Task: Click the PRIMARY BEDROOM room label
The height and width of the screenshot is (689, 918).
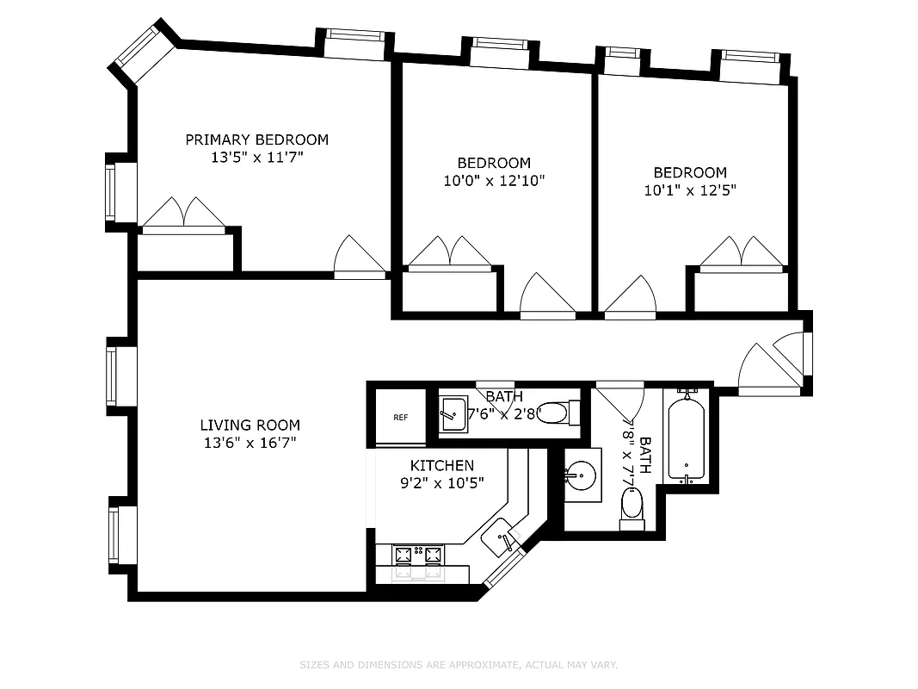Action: tap(256, 140)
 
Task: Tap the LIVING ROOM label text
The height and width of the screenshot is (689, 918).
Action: tap(250, 425)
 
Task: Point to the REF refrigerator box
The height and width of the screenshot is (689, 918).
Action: tap(401, 418)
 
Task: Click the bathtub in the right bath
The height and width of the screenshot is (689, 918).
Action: tap(686, 439)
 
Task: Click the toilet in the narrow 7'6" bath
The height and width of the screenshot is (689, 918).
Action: tap(555, 413)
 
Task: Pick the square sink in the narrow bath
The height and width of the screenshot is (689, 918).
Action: tap(453, 414)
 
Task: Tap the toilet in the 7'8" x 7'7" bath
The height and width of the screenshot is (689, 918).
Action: tap(632, 505)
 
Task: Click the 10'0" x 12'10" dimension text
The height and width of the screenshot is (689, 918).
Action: tap(493, 181)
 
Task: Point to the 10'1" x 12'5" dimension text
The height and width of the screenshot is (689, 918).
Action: tap(689, 190)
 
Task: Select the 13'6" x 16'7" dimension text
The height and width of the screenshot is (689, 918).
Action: tap(250, 444)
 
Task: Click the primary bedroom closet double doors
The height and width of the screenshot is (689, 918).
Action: tap(183, 214)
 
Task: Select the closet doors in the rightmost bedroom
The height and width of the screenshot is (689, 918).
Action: tap(742, 253)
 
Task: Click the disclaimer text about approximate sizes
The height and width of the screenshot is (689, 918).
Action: tap(459, 665)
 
